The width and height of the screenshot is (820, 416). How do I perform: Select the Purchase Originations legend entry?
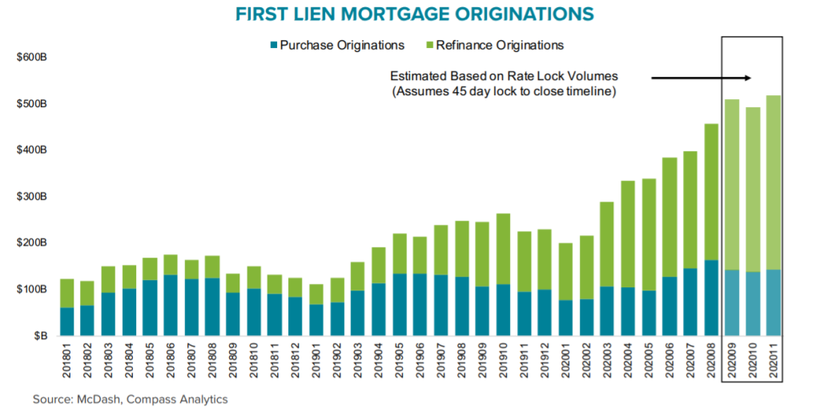click(336, 45)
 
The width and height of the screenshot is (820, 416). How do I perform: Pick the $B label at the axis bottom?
click(40, 335)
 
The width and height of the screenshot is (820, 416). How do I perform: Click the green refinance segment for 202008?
click(712, 192)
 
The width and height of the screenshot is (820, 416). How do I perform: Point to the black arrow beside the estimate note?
click(700, 78)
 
